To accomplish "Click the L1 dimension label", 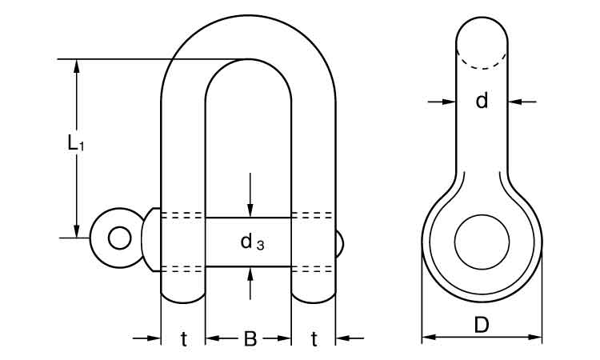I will [x=74, y=144].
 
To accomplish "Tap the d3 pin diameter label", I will [x=252, y=241].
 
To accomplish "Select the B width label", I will [x=250, y=339].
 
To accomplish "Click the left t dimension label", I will [x=183, y=339].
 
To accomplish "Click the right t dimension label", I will [x=314, y=339].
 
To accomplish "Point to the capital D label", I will [x=481, y=326].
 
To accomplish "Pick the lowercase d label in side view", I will [x=481, y=101].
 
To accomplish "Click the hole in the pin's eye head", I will [x=120, y=238].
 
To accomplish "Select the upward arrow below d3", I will [x=250, y=274].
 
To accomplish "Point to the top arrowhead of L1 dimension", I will [x=77, y=66].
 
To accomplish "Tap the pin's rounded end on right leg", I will [x=342, y=245].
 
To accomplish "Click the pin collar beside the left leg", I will [x=151, y=238].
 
